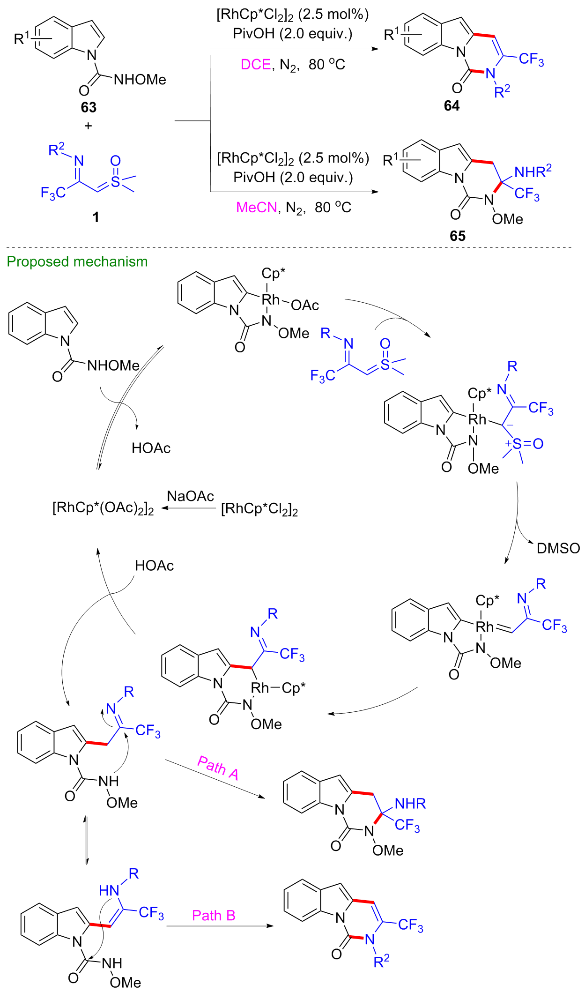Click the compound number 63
pyautogui.click(x=89, y=107)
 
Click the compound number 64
pyautogui.click(x=452, y=106)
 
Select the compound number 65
pyautogui.click(x=457, y=236)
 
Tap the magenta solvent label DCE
pyautogui.click(x=256, y=64)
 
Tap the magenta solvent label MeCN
pyautogui.click(x=257, y=207)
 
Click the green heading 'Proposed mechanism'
pyautogui.click(x=77, y=261)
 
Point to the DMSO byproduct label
pyautogui.click(x=558, y=548)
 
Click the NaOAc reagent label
pyautogui.click(x=191, y=496)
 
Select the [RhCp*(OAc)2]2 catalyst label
pyautogui.click(x=103, y=508)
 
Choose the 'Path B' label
pyautogui.click(x=214, y=915)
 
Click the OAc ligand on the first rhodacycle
pyautogui.click(x=305, y=306)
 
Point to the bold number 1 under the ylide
pyautogui.click(x=96, y=217)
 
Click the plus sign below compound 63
pyautogui.click(x=88, y=126)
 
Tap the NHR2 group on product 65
pyautogui.click(x=533, y=172)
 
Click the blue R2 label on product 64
pyautogui.click(x=502, y=91)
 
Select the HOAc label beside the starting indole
pyautogui.click(x=151, y=448)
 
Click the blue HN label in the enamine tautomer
pyautogui.click(x=109, y=890)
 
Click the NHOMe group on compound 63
pyautogui.click(x=140, y=80)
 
